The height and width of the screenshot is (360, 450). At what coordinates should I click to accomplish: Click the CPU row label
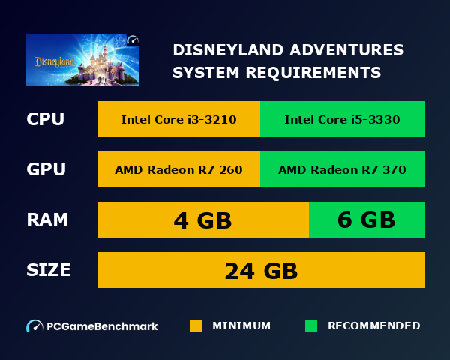click(45, 119)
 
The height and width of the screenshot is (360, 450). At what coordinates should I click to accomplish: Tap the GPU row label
click(46, 169)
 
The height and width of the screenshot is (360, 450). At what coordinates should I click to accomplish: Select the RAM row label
click(47, 220)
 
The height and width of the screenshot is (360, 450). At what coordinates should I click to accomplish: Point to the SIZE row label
click(49, 270)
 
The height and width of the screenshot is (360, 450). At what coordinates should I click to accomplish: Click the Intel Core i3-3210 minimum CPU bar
click(178, 119)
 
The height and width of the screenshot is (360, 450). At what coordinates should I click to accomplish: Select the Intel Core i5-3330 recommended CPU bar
click(342, 119)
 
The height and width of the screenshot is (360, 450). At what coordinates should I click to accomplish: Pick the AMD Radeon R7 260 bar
click(178, 169)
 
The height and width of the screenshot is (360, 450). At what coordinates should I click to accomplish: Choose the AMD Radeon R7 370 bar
click(342, 169)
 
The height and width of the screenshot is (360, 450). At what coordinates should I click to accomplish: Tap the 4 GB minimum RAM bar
click(202, 220)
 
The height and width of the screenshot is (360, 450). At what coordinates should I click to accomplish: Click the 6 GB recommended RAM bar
click(367, 220)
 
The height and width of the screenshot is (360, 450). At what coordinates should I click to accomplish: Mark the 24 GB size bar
click(261, 270)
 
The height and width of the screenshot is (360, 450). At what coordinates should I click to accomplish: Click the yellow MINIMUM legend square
click(196, 326)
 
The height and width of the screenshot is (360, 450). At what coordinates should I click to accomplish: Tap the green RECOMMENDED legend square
click(311, 326)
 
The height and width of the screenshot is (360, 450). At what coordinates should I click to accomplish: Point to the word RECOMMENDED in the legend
click(373, 325)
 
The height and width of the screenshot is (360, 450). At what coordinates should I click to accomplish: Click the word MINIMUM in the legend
click(241, 325)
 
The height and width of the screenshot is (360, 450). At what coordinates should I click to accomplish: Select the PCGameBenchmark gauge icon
click(34, 326)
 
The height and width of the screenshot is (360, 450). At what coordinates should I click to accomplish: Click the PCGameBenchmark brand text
click(102, 326)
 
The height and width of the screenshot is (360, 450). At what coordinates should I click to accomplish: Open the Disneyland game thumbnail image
click(82, 60)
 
